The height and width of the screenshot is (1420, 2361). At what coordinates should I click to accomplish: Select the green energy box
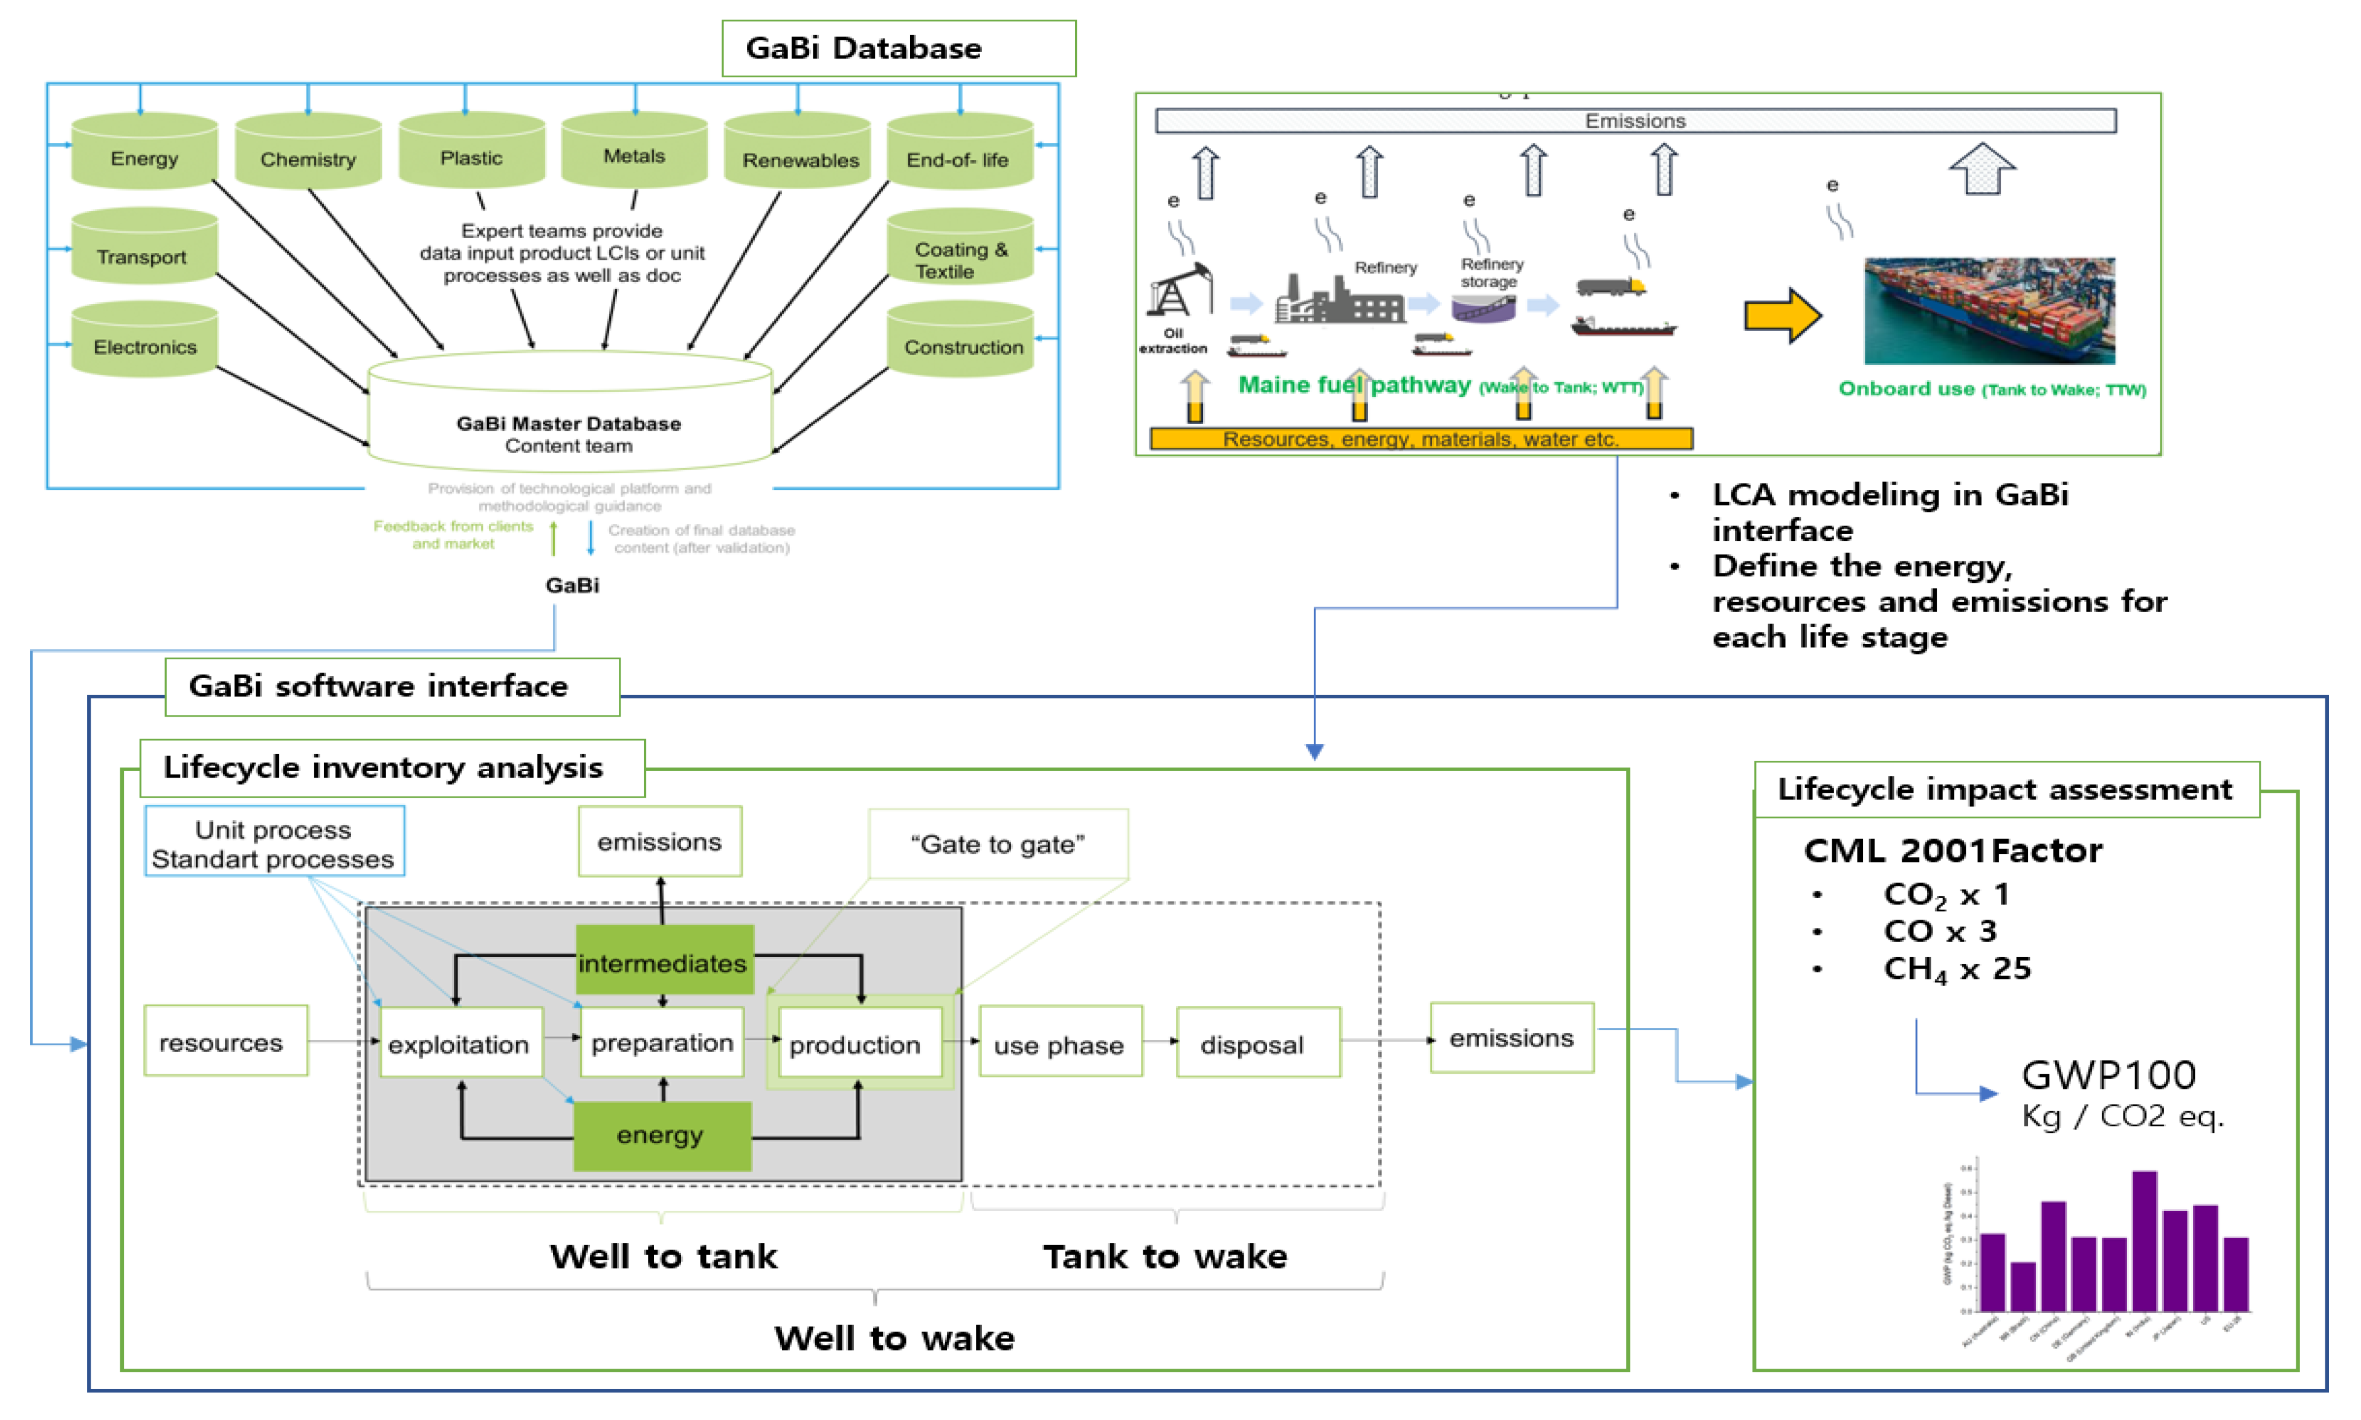point(661,1136)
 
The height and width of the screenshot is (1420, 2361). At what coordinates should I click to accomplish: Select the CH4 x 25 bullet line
point(1956,969)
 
